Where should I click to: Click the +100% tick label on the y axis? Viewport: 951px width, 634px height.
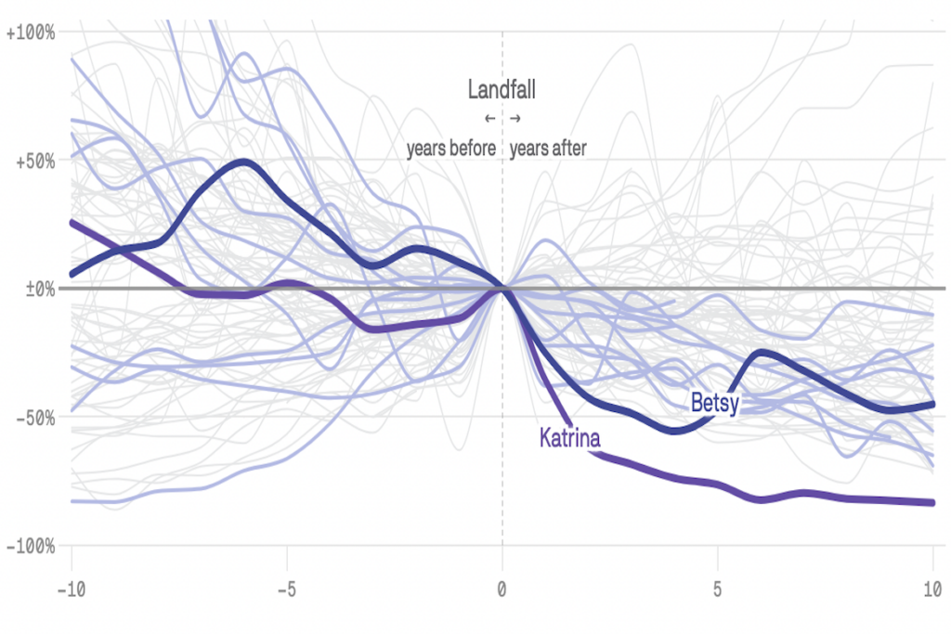(x=32, y=32)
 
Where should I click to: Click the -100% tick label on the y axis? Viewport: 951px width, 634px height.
(x=32, y=546)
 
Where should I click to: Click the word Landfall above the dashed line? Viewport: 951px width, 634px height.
(x=502, y=90)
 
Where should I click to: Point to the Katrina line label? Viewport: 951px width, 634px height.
(x=569, y=437)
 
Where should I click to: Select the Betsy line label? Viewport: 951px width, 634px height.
(x=714, y=402)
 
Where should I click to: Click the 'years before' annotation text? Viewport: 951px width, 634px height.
(x=451, y=149)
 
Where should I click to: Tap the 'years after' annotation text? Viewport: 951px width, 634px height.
(x=548, y=149)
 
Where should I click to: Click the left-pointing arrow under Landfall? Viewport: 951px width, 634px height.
(x=489, y=119)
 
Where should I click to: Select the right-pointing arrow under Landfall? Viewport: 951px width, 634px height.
(x=515, y=119)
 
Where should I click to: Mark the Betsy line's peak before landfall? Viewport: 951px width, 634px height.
(x=243, y=162)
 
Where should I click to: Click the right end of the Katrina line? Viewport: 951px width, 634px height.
(x=931, y=502)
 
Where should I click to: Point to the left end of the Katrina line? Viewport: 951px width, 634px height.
(x=72, y=222)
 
